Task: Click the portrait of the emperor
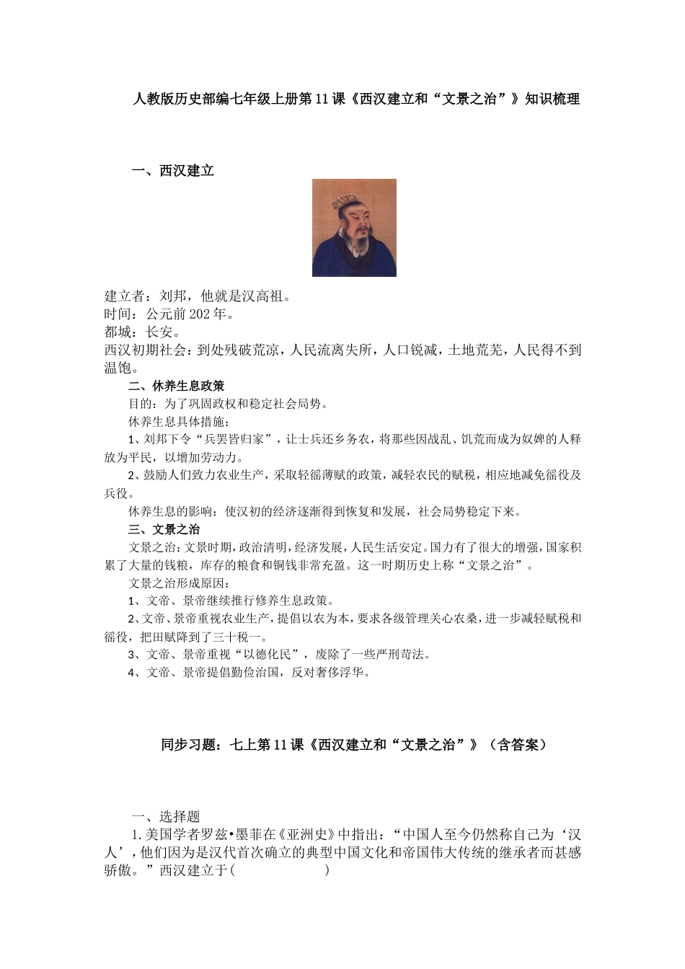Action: pyautogui.click(x=354, y=228)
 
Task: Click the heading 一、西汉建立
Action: pyautogui.click(x=173, y=171)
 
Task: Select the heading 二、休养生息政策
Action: pyautogui.click(x=176, y=386)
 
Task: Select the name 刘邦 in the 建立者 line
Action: pyautogui.click(x=174, y=296)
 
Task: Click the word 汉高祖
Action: pyautogui.click(x=262, y=296)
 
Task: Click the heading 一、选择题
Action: pyautogui.click(x=166, y=816)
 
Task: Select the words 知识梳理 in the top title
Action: pyautogui.click(x=552, y=99)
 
